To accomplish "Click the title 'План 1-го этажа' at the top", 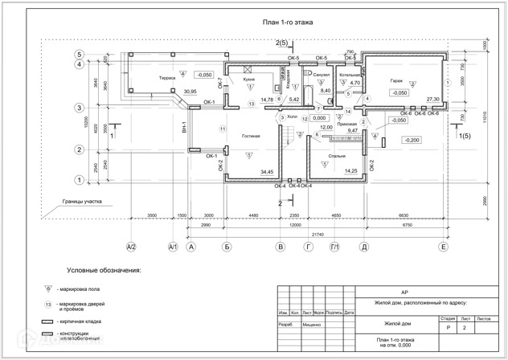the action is [282, 23].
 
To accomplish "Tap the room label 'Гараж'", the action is [396, 81].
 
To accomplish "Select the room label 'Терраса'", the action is [167, 78].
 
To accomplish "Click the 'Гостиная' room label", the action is [251, 136].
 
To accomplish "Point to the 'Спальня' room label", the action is [337, 155].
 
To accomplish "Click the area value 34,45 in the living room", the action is [267, 172].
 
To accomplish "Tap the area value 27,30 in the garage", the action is [433, 98].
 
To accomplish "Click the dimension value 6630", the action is [403, 216].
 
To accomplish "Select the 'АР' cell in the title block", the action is [392, 292].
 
